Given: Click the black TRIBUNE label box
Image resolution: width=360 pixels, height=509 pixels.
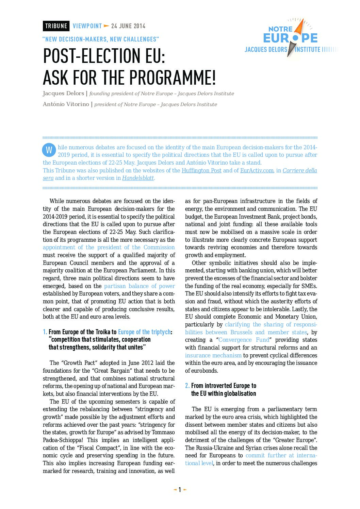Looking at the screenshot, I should (56, 26).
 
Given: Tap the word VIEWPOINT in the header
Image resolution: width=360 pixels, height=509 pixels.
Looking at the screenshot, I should (87, 26).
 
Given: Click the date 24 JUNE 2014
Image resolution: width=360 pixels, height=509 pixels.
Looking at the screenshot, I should (128, 26).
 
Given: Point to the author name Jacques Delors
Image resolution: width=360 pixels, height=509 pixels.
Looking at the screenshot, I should (63, 94).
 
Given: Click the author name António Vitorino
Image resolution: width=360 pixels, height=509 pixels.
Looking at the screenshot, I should (66, 104).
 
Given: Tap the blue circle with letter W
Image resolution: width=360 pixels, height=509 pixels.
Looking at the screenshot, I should (49, 150).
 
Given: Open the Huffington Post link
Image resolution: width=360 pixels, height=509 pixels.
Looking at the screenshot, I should (201, 171).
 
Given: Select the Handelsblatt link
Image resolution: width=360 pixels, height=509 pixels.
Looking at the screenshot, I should (138, 178).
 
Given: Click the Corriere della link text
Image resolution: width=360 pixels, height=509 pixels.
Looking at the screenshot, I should (300, 171).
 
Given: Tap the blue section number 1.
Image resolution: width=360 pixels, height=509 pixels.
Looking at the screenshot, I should (45, 332).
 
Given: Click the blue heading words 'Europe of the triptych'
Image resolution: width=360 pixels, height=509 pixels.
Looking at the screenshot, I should (144, 332).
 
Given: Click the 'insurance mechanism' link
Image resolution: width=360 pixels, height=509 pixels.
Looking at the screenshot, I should (213, 356).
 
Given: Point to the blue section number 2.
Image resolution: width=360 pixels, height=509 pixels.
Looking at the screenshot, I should (187, 386).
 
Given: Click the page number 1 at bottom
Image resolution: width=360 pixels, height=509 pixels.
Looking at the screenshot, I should (180, 490).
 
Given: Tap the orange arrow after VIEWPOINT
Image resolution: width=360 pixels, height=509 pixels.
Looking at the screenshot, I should (107, 26).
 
